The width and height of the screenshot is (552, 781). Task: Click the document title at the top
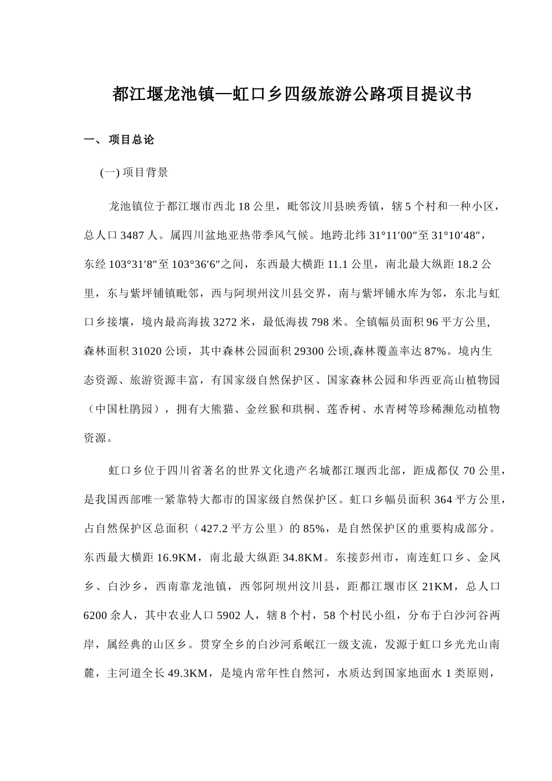pos(292,94)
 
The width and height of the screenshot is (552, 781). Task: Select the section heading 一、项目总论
pos(119,140)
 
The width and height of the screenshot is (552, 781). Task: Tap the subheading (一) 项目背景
pos(134,173)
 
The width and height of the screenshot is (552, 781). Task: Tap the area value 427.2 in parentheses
pos(214,529)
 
